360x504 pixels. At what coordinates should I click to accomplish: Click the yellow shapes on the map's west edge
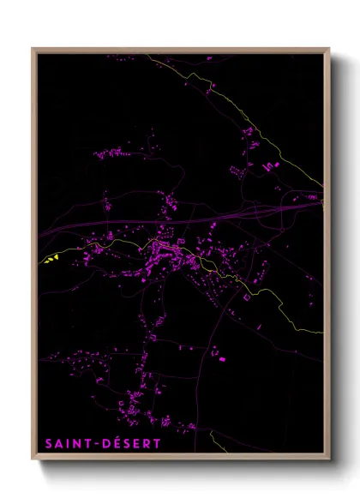(52, 258)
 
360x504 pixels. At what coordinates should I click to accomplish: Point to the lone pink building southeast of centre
(222, 359)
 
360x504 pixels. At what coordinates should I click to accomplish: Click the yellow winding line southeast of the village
(274, 300)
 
